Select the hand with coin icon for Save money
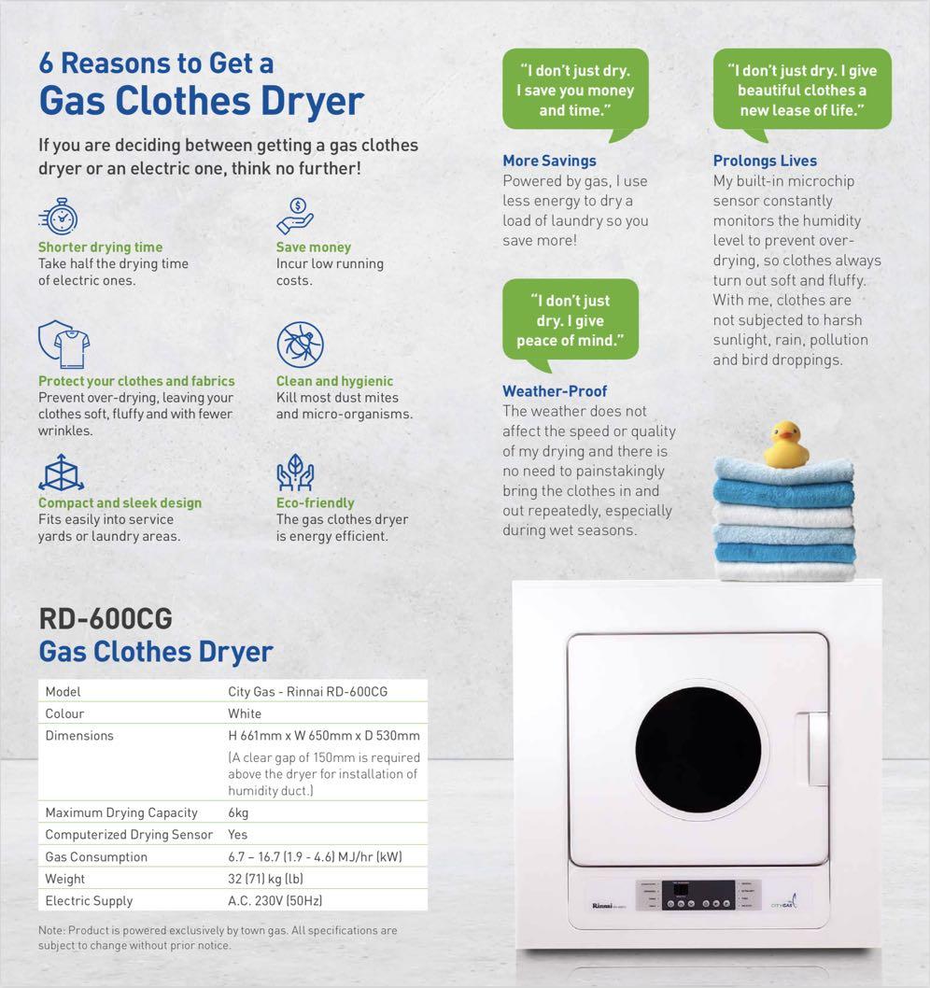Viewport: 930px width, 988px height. pos(296,215)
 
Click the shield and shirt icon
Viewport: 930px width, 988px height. pos(63,345)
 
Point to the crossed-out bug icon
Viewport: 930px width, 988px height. pos(300,345)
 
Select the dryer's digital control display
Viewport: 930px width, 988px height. pos(697,896)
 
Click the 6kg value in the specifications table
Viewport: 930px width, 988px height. pos(238,812)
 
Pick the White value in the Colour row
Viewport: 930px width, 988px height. pos(245,713)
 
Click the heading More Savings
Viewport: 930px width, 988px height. pos(549,161)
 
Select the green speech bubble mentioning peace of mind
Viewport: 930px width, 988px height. pos(571,320)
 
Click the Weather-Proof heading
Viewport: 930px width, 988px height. pos(555,391)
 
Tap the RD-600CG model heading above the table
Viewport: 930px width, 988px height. pos(106,619)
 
